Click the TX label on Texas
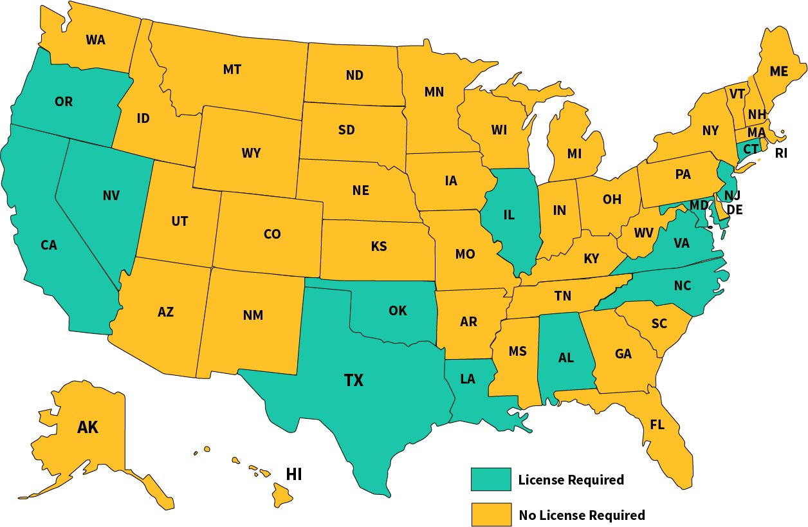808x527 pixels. tap(353, 380)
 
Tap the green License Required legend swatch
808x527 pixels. tap(491, 479)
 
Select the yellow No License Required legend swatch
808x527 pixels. tap(491, 514)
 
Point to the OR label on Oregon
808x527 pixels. tap(64, 102)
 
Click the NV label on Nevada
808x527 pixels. tap(111, 196)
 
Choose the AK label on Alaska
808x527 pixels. tap(87, 427)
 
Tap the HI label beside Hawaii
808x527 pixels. tap(294, 475)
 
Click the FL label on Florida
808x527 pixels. tap(657, 425)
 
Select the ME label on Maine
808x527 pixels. tap(778, 71)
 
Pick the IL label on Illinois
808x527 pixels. tap(508, 215)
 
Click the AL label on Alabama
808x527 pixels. tap(565, 358)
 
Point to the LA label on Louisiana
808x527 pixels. tap(467, 379)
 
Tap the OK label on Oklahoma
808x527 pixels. tap(398, 311)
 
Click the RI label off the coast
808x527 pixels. tap(781, 153)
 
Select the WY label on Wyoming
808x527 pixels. tap(251, 153)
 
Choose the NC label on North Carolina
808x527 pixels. tap(683, 286)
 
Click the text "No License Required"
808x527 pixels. tap(582, 515)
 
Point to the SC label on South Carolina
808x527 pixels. tap(659, 324)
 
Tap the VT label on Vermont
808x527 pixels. tap(737, 93)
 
